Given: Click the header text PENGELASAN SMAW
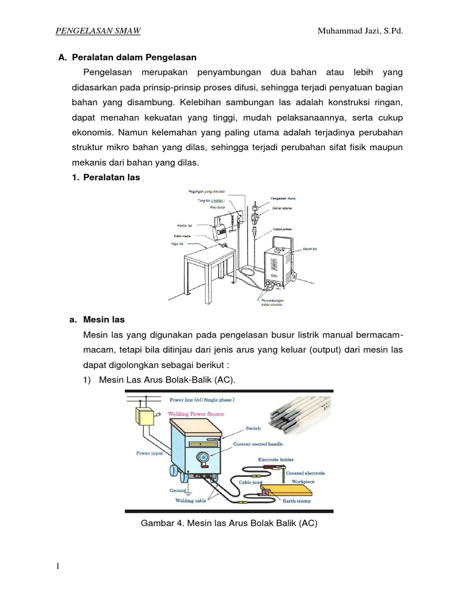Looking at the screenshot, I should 98,31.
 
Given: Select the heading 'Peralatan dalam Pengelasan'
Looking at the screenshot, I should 134,58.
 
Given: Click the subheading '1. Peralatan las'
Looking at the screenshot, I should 106,178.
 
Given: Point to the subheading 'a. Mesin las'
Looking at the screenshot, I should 97,320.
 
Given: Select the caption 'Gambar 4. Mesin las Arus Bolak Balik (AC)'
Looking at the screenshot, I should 228,524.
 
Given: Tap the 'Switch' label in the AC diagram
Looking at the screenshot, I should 253,429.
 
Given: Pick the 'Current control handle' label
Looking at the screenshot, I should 258,443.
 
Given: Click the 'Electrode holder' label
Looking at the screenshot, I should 276,460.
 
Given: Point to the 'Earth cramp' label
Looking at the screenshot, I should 304,501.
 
